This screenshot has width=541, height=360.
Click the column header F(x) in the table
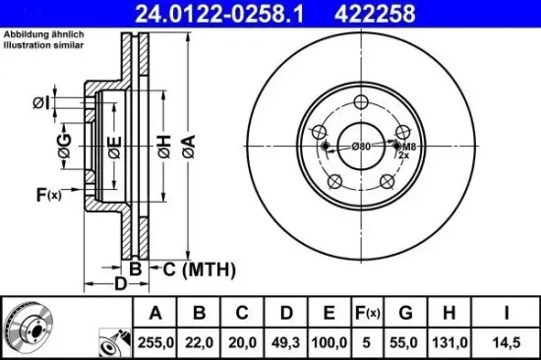click(367, 313)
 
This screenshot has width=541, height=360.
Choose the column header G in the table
click(405, 313)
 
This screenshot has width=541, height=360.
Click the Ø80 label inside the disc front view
click(361, 147)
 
